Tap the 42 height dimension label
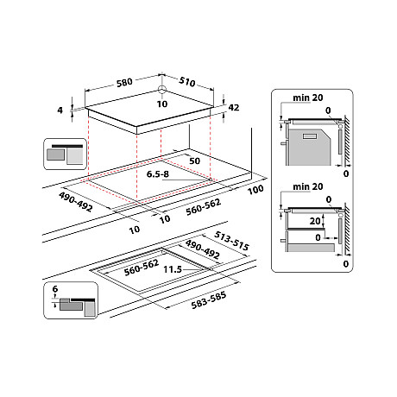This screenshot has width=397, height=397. pyautogui.click(x=232, y=108)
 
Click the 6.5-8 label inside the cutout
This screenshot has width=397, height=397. pyautogui.click(x=160, y=174)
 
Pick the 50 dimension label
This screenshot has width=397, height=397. pyautogui.click(x=196, y=161)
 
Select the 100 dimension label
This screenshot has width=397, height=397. pyautogui.click(x=255, y=190)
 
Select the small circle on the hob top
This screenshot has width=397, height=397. pyautogui.click(x=161, y=89)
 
